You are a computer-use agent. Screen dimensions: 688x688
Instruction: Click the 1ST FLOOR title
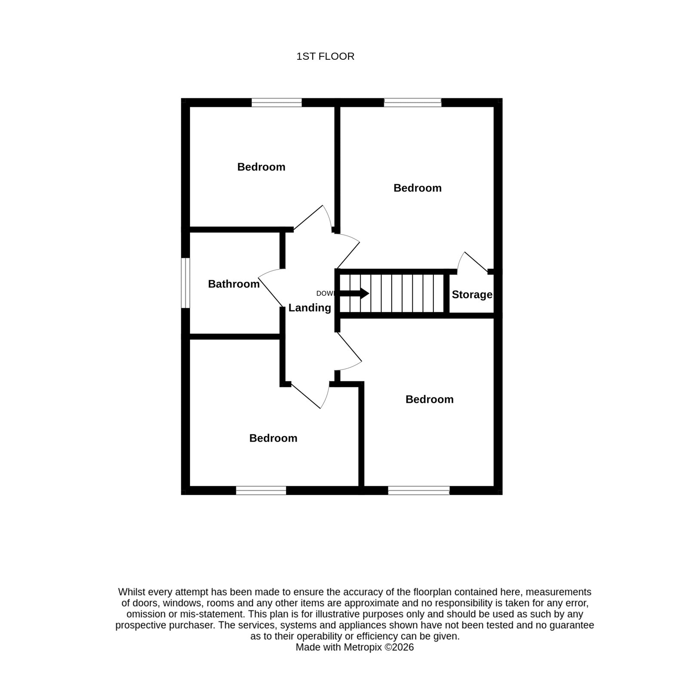tap(325, 56)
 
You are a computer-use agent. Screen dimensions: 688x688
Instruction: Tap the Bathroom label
tap(233, 284)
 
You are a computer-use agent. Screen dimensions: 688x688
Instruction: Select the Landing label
tap(310, 308)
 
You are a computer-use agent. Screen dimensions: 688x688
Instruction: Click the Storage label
tap(472, 295)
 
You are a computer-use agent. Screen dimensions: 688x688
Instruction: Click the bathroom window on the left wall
tap(185, 283)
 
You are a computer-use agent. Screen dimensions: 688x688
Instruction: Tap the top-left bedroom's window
tap(276, 102)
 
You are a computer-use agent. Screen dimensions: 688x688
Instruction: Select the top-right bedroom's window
tap(412, 102)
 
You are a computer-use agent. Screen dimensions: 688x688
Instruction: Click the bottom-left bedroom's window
tap(261, 491)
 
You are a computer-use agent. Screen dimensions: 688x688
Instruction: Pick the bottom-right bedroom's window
tap(419, 491)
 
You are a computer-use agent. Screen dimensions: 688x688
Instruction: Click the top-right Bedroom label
tap(418, 188)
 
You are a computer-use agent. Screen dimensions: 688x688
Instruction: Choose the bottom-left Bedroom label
tap(273, 438)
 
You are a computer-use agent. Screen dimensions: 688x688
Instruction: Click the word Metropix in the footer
tap(362, 647)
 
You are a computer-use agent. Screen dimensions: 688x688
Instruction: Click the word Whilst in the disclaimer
tap(132, 592)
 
